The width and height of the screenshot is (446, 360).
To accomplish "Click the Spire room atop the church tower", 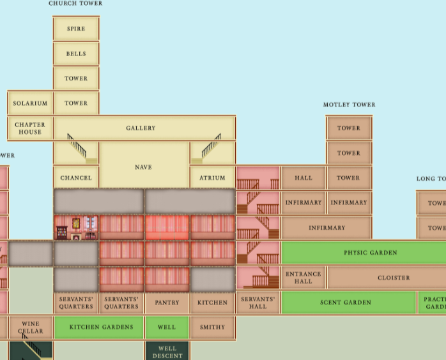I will coord(76,29).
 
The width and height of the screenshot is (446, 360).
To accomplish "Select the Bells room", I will coord(76,54).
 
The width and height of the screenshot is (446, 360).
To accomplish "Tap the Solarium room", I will coord(30,103).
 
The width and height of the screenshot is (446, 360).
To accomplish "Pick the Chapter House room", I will coord(30,128).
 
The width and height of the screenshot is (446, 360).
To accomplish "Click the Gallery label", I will coord(141,128).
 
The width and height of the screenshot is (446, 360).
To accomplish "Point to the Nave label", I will coord(144,167).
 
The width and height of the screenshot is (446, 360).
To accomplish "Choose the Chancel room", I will coord(76,177).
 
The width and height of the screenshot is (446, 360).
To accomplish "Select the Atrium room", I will coord(212,177).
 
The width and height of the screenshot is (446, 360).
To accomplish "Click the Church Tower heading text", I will coord(75,4).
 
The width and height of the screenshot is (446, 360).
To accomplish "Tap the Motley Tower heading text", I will coord(349,105).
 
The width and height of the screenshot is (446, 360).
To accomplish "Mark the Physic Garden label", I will coord(370,253).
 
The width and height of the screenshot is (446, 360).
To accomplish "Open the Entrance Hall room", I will coord(304,278).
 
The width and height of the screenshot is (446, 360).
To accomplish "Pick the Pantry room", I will coord(167,303).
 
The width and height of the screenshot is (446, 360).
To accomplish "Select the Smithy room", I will coord(212,327).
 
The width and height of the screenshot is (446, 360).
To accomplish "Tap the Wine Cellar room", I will coord(30,327).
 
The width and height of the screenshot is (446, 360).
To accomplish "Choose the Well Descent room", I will coord(167,352).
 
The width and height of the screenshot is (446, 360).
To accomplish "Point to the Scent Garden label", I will coord(345,303).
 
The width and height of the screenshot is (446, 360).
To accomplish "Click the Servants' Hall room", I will coord(258,303).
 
